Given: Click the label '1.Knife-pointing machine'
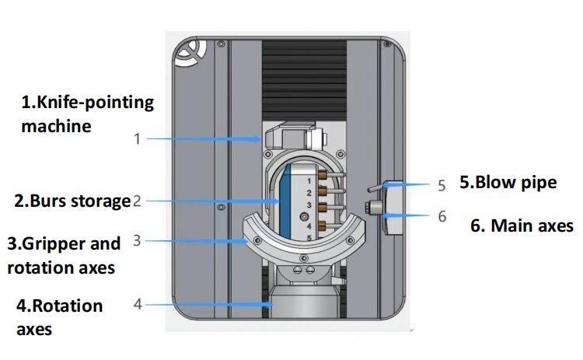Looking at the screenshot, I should coord(87,114).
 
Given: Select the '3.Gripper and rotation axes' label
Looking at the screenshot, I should coord(64,256).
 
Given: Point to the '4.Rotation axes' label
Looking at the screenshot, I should coord(59,316).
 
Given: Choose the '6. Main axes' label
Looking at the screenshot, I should coord(522,226).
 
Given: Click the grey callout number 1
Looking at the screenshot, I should coord(137,140).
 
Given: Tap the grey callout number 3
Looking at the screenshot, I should coord(137,240).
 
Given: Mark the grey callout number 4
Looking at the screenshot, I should coord(138,303).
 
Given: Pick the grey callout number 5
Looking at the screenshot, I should coord(442,186).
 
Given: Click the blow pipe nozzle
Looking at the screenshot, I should coord(378,186).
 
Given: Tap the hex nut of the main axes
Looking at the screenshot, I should coord(374,208).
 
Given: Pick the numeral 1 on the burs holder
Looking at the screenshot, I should coord(309,179).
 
